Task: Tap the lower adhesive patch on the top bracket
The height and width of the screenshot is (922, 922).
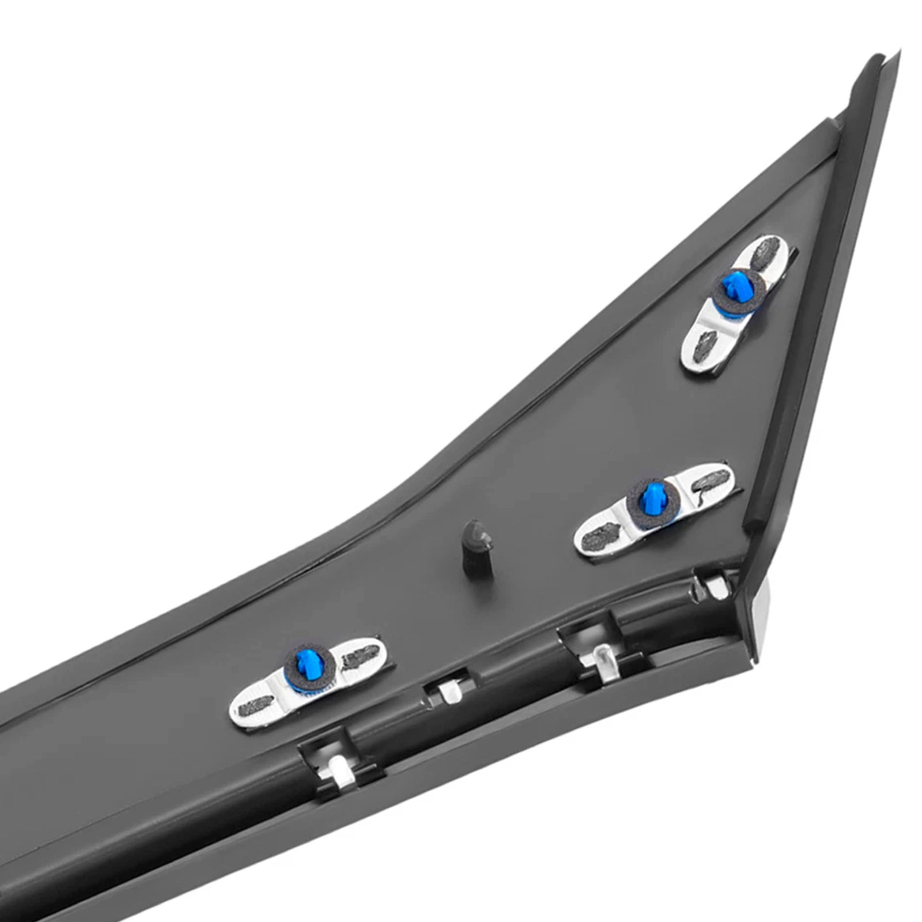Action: coord(705,349)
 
